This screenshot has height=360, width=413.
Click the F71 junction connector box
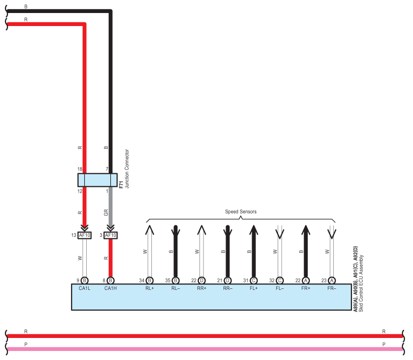97,180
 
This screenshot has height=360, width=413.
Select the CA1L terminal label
85,288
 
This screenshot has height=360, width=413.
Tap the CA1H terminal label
110,288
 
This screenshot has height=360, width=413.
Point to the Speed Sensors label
241,212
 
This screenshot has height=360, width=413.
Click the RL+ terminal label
149,288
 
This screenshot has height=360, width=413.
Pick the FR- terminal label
332,288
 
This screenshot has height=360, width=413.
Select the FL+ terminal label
254,288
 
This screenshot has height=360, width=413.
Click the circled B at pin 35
176,280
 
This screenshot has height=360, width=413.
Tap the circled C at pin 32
280,280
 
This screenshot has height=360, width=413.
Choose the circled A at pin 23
332,280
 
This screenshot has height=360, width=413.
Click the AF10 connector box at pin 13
85,235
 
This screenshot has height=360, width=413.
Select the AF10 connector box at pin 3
111,235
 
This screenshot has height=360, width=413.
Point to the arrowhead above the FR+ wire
306,230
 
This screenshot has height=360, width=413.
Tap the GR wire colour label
106,212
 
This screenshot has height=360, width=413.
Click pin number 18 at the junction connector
80,169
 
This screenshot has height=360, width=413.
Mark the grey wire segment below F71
111,206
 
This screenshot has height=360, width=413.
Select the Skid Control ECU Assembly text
361,283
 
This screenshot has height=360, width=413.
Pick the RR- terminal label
228,288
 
